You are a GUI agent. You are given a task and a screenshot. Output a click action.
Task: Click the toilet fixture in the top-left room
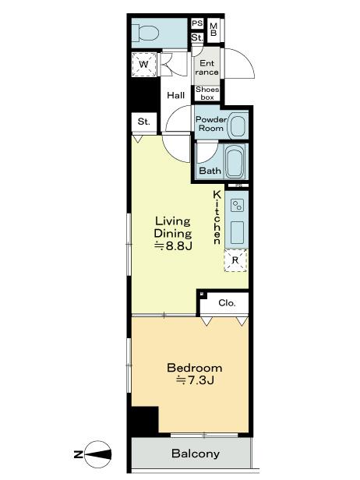(x=146, y=33)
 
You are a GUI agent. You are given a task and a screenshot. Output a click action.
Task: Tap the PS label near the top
(x=197, y=23)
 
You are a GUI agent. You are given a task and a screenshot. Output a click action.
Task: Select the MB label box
(x=214, y=29)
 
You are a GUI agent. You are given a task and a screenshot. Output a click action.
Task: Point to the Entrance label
(x=207, y=68)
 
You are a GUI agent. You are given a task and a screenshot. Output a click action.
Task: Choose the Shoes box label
(x=207, y=93)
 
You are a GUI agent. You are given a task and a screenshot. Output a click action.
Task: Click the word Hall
(x=175, y=95)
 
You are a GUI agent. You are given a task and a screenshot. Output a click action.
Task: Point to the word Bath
(x=210, y=171)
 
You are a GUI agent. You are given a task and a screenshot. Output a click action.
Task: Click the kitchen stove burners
(x=237, y=205)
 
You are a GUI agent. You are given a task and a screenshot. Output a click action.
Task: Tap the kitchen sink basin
(x=237, y=231)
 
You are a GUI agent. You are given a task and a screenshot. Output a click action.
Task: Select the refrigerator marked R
(x=235, y=260)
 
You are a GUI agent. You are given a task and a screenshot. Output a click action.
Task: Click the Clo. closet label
(x=226, y=303)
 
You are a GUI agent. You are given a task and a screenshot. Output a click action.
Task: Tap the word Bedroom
(x=195, y=368)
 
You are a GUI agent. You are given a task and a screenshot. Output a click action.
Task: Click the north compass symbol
(x=97, y=454)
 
